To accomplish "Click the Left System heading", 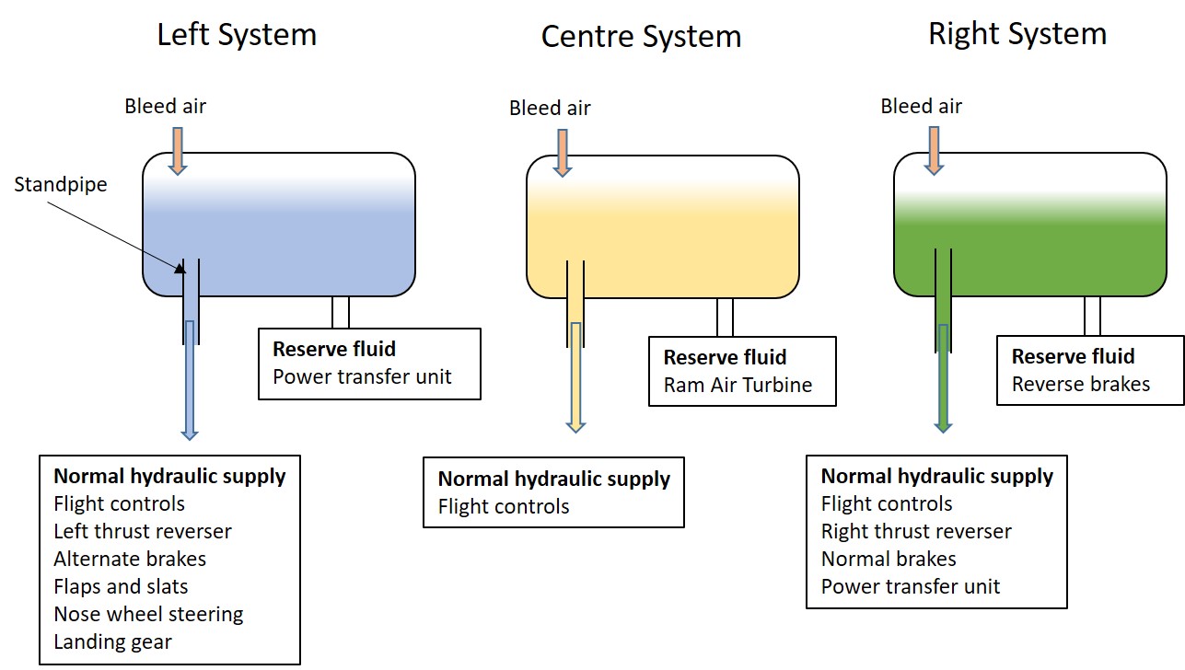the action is (x=237, y=36).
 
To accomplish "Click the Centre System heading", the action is (x=641, y=37).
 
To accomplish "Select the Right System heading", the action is (x=1017, y=35).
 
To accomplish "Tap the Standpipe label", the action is (x=60, y=185).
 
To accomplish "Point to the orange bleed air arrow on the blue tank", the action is (x=178, y=151).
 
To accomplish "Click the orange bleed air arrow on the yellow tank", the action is (x=563, y=154).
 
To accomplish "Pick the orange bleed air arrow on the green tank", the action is (x=935, y=151).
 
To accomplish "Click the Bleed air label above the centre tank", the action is (x=550, y=108).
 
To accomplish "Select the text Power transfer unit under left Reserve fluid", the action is (x=362, y=377).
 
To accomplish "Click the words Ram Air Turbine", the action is (x=738, y=385).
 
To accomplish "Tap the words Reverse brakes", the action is (x=1081, y=384).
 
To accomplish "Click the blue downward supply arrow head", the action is (x=190, y=434).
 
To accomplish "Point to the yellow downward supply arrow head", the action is (x=575, y=427).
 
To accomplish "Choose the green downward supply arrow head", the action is (x=943, y=427).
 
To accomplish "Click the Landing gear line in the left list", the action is (x=112, y=642).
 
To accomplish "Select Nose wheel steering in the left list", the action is (x=148, y=615).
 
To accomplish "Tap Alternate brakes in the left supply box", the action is (x=130, y=559).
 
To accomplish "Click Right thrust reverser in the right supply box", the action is (x=916, y=531).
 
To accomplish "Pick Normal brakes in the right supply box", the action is (x=889, y=559).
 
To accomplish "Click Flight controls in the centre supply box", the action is (x=504, y=506).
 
